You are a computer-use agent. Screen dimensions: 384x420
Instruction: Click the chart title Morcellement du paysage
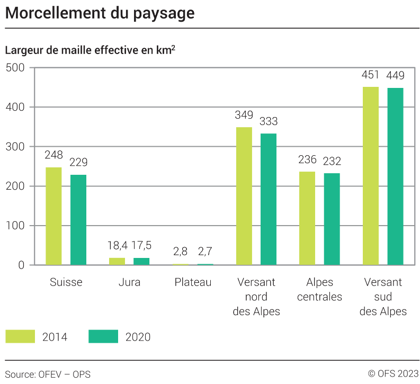[x=100, y=13]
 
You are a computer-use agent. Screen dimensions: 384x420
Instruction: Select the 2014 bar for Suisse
[x=53, y=216]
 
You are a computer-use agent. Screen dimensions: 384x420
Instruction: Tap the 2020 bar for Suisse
[x=78, y=219]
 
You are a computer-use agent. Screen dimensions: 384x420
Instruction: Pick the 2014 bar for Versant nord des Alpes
[x=244, y=196]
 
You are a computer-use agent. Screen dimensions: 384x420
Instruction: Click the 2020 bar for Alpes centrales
[x=332, y=219]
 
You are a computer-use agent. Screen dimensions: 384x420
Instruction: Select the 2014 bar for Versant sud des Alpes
[x=371, y=175]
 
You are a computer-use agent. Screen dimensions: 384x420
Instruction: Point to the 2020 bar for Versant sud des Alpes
[x=395, y=176]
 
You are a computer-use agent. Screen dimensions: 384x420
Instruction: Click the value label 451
[x=371, y=75]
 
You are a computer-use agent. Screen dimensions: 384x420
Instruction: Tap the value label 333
[x=269, y=122]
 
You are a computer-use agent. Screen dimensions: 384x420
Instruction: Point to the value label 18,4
[x=117, y=246]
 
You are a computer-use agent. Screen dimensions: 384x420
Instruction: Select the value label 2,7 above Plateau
[x=205, y=251]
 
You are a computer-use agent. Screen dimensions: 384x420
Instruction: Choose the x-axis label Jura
[x=129, y=282]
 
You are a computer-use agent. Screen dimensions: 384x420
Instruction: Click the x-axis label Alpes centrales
[x=319, y=289]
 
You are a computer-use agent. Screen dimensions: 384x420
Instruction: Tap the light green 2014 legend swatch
[x=20, y=337]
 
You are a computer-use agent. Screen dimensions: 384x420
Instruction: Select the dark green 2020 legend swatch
[x=103, y=337]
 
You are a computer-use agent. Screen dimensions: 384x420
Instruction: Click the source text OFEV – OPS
[x=48, y=374]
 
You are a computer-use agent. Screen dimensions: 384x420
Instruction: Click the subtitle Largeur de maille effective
[x=90, y=51]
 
